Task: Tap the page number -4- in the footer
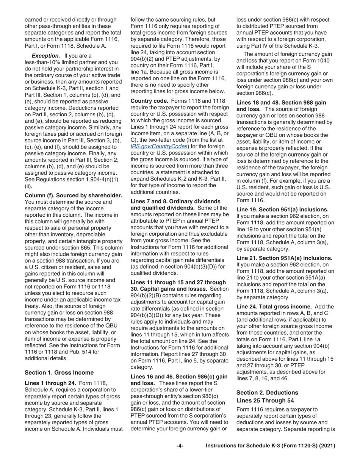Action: coord(180,446)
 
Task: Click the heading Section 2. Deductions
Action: coord(267,392)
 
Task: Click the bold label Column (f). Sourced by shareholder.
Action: coord(73,195)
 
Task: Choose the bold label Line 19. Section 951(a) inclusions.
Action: coord(282,209)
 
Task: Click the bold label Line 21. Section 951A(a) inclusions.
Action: coord(285,258)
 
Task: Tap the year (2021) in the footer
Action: coord(327,446)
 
